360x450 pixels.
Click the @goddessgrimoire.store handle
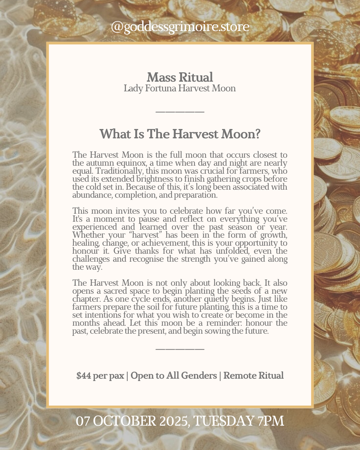[x=180, y=27]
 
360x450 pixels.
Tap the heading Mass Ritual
[x=180, y=77]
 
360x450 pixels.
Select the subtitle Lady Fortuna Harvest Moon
[x=180, y=88]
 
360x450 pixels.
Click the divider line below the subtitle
[x=180, y=112]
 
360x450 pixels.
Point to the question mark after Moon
[x=257, y=134]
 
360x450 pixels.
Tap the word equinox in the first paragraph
[x=131, y=163]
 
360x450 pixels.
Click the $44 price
[x=83, y=376]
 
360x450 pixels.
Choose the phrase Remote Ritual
[x=253, y=376]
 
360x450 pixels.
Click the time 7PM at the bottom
[x=271, y=421]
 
